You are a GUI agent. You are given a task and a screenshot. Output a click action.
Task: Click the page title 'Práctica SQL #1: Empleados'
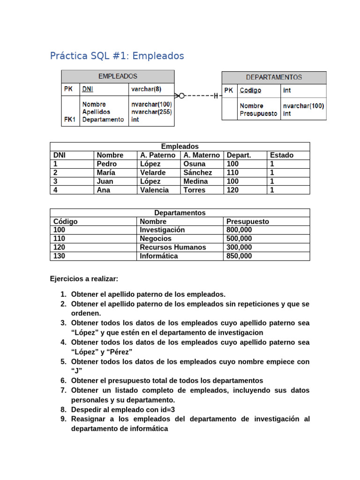coord(117,56)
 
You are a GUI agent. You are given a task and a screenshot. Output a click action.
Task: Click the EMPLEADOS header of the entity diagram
coord(118,76)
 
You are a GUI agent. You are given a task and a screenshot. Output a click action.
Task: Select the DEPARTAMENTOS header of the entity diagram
coord(274,77)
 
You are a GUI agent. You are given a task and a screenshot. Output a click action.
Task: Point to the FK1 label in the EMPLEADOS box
coord(70,120)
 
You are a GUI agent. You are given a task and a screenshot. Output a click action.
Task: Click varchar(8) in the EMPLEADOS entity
coord(146,89)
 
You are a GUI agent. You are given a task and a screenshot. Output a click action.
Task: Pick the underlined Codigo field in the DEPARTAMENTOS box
coord(250,90)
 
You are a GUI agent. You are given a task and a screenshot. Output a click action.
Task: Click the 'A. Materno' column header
coord(202,155)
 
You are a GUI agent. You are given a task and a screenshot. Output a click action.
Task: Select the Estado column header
coord(282,155)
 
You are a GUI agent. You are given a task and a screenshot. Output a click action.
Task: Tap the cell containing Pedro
coord(106,164)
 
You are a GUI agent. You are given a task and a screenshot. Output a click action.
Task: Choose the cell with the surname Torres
coord(194,190)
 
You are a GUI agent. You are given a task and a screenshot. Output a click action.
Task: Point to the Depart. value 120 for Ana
coord(232,190)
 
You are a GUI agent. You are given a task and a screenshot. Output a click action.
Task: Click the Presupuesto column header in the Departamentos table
coord(247,222)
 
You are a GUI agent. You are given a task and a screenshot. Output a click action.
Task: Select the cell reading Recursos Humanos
coord(172,247)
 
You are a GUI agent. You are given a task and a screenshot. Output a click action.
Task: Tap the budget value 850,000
coord(239,256)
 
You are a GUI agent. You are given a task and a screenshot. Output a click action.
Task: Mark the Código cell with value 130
coord(60,256)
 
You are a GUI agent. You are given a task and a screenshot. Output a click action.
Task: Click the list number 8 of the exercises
coord(63,409)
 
